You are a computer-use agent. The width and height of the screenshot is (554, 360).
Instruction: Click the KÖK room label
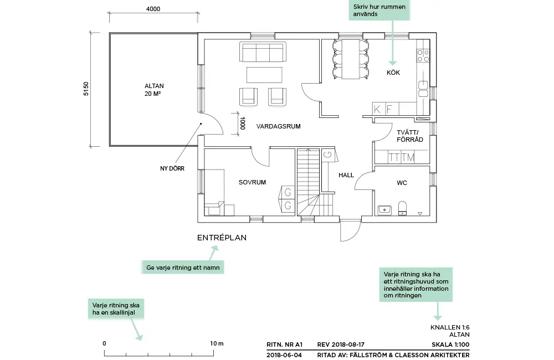tap(393, 73)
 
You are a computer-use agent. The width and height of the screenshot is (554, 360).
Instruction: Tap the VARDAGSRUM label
tap(278, 127)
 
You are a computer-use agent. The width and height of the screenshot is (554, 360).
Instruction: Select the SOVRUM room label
tap(253, 182)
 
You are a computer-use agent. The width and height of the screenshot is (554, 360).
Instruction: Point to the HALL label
tap(346, 175)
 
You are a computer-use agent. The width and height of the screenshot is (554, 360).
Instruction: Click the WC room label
tap(402, 183)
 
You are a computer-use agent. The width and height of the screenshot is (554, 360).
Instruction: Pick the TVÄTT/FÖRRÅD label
tap(409, 136)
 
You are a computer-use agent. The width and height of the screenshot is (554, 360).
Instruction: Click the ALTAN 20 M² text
tap(154, 90)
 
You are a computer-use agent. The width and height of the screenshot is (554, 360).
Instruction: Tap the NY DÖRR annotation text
tap(172, 168)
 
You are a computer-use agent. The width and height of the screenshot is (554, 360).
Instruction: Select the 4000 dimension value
tap(153, 9)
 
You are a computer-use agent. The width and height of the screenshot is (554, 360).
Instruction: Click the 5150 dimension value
tap(86, 89)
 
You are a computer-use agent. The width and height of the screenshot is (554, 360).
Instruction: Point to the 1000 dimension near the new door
tap(243, 123)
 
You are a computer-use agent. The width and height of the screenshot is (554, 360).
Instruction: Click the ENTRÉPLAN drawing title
tap(222, 238)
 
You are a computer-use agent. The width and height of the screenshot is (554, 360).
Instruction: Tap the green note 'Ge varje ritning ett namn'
tap(182, 268)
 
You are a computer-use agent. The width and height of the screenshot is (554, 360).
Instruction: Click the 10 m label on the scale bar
tap(217, 343)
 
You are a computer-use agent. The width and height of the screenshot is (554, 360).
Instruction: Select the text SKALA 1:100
tap(450, 343)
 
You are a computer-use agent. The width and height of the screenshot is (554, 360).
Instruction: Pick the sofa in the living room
tap(263, 52)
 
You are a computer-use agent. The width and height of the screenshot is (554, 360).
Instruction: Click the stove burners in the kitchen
tap(423, 55)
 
